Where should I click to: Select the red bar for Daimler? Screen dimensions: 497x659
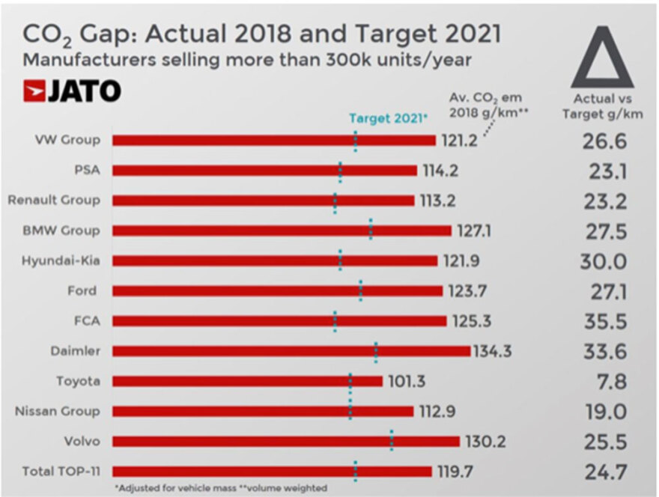pyautogui.click(x=291, y=351)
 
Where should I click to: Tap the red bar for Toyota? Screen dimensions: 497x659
pyautogui.click(x=247, y=381)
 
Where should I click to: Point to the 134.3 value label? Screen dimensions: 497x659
pyautogui.click(x=493, y=351)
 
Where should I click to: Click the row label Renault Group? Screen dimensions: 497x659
pyautogui.click(x=54, y=200)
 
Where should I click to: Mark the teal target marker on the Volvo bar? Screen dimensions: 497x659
pyautogui.click(x=392, y=441)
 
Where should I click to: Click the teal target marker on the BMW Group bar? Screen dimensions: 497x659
pyautogui.click(x=371, y=230)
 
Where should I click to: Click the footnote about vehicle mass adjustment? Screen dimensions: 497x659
pyautogui.click(x=221, y=488)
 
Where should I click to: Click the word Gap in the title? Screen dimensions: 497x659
pyautogui.click(x=95, y=34)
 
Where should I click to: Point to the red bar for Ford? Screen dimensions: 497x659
pyautogui.click(x=277, y=290)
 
